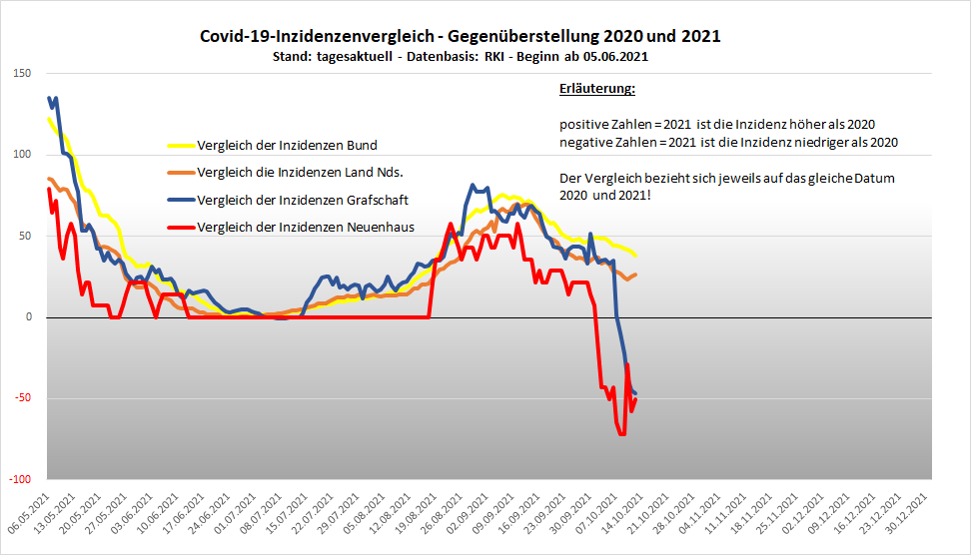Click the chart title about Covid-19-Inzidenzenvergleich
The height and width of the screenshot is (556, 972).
[461, 36]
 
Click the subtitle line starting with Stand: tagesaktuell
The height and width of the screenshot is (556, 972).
[461, 57]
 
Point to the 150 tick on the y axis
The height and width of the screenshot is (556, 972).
[22, 73]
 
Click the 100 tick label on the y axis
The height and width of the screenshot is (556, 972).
[22, 155]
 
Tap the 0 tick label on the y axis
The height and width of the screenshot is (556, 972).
[28, 317]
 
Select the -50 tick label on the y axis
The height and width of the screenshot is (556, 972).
[22, 398]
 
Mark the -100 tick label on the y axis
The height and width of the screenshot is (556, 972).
[19, 480]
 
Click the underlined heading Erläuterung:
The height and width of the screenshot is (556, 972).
[597, 90]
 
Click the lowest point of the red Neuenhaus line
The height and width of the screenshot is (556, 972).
[621, 434]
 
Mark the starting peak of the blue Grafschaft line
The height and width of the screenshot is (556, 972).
[49, 98]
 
